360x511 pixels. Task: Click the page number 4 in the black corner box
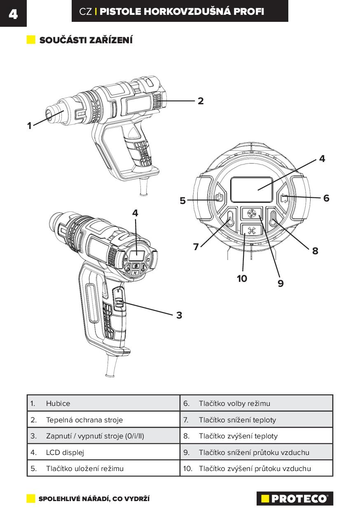13,14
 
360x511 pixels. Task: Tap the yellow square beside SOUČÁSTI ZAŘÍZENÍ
31,40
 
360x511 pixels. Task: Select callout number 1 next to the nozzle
29,126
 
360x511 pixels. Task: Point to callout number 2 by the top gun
201,101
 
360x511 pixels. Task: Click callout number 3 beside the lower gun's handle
179,315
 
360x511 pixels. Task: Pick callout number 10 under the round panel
242,279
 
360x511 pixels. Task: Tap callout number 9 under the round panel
281,284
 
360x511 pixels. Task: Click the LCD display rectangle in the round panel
251,189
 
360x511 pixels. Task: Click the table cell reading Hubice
58,403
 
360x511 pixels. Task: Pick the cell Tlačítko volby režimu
234,403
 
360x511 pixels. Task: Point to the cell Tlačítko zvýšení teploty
238,436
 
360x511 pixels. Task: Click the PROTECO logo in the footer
295,499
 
